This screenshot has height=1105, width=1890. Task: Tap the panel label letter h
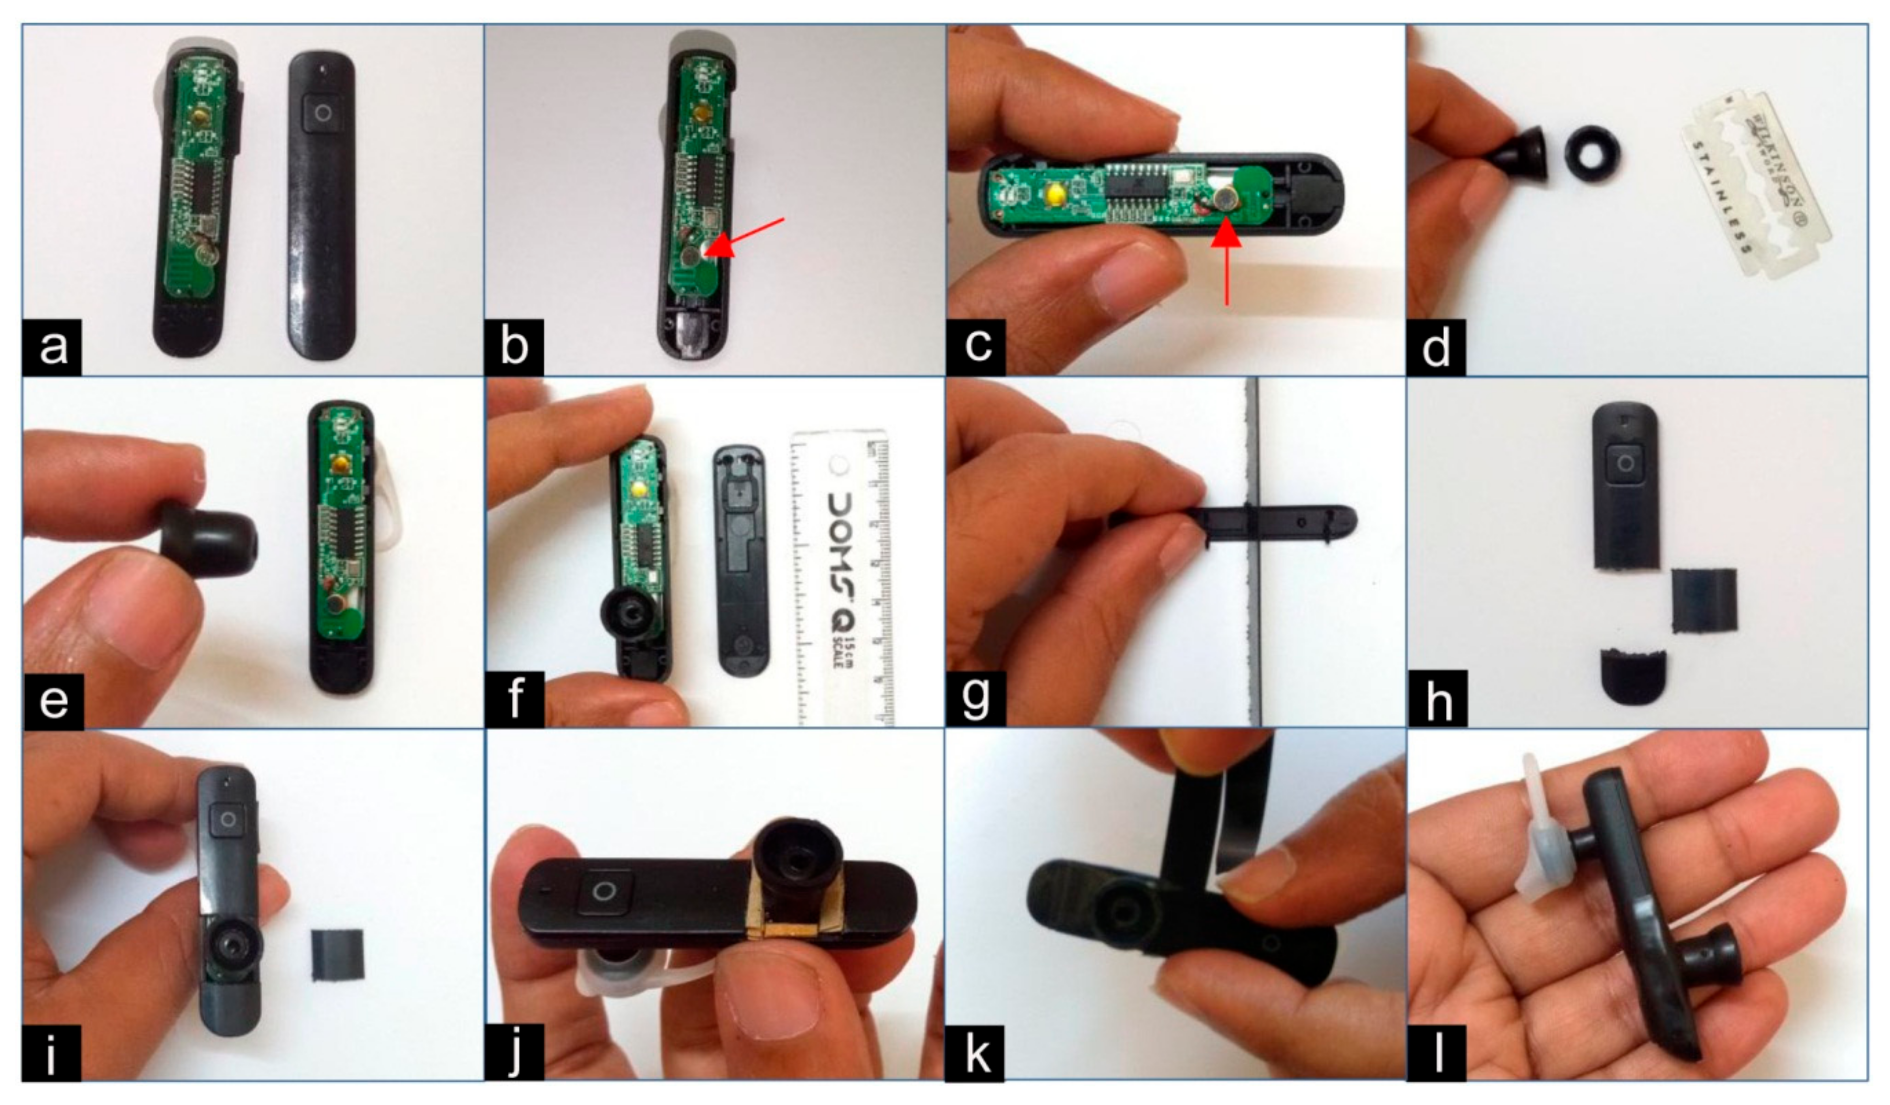1437,699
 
